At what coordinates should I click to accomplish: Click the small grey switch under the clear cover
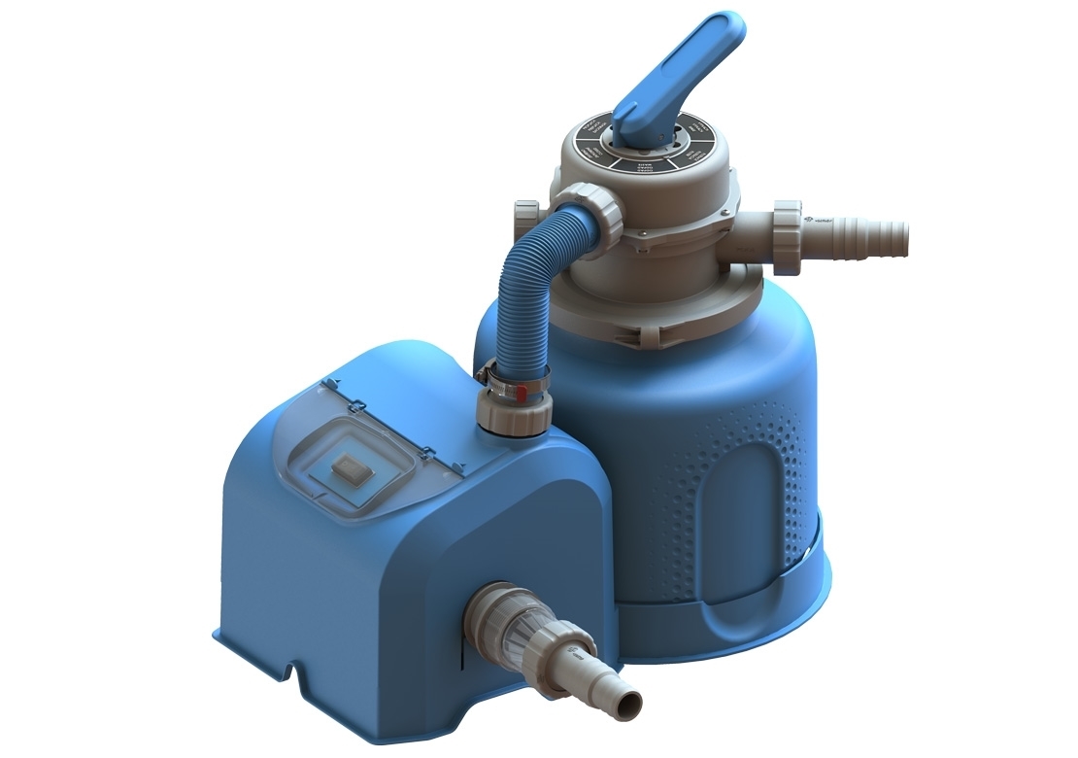(350, 469)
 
